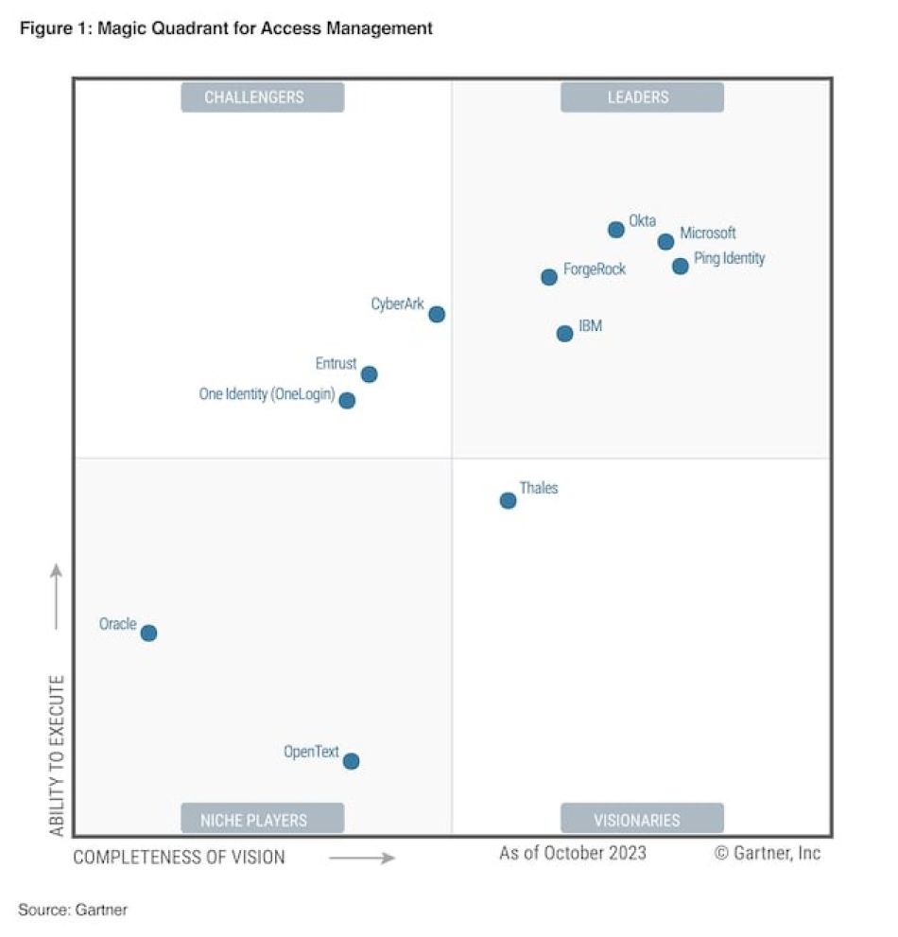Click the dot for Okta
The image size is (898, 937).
pos(615,229)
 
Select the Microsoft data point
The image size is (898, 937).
pos(665,242)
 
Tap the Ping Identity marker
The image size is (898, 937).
pos(680,267)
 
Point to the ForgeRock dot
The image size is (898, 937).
pos(549,277)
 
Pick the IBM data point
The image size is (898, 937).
pos(564,334)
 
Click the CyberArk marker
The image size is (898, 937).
pos(437,314)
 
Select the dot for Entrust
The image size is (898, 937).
pos(369,374)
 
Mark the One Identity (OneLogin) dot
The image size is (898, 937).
pos(347,401)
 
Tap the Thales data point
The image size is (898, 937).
pos(508,500)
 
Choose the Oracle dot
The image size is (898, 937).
pos(148,633)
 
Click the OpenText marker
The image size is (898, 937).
pos(351,761)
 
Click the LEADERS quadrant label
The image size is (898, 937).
pos(642,96)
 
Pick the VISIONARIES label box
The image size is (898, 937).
pos(642,819)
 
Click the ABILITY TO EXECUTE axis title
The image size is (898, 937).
pos(57,755)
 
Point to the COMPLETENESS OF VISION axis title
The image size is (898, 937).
pos(180,858)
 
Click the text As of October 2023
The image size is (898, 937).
pos(573,853)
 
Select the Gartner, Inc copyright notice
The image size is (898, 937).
pos(768,853)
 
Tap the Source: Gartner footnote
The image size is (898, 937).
pos(73,910)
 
